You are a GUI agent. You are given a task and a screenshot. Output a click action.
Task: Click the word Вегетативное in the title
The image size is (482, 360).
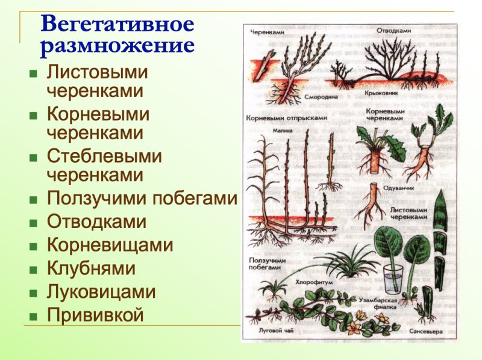[x=117, y=25]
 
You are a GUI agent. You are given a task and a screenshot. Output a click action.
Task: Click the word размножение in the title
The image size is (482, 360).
[x=117, y=47]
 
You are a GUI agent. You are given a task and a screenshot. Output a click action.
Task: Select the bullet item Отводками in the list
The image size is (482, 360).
[x=96, y=221]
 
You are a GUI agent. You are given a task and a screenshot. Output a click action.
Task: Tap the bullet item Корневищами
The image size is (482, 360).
[x=110, y=245]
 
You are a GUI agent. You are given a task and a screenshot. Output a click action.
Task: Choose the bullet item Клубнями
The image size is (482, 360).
[x=91, y=268]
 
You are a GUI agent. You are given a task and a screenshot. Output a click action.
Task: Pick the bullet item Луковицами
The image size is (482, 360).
[x=101, y=292]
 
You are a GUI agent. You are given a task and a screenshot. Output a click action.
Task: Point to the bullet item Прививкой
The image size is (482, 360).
[x=95, y=315]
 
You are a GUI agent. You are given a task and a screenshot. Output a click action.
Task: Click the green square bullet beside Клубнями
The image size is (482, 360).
[x=33, y=270]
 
